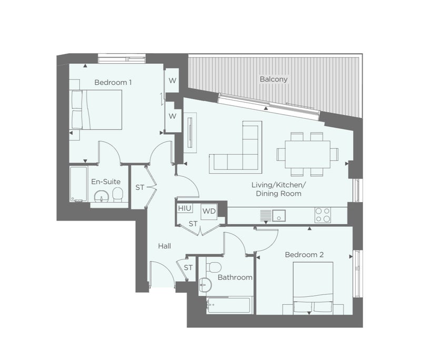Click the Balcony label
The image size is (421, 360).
(x=274, y=79)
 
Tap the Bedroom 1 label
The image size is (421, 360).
(x=113, y=82)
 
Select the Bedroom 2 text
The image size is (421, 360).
(x=304, y=255)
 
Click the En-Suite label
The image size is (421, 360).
(x=106, y=182)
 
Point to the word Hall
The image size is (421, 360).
(x=164, y=246)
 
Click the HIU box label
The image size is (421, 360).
(x=185, y=208)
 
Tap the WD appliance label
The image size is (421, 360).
(x=209, y=211)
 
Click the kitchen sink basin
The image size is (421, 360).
(x=279, y=216)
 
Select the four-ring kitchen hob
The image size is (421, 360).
(x=323, y=215)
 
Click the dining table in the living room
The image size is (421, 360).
(x=307, y=154)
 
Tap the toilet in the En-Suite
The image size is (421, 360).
(x=117, y=194)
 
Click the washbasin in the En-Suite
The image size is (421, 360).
(x=101, y=196)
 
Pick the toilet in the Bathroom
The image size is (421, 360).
(x=214, y=267)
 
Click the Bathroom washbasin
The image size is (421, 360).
(x=205, y=284)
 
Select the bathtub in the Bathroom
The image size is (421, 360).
(x=229, y=305)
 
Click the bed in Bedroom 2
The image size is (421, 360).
(x=313, y=288)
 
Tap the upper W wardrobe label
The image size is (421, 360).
(x=173, y=81)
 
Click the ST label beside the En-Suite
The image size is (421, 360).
(x=140, y=187)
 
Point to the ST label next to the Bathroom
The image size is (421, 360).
(x=188, y=268)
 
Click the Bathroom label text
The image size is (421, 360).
(x=235, y=277)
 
